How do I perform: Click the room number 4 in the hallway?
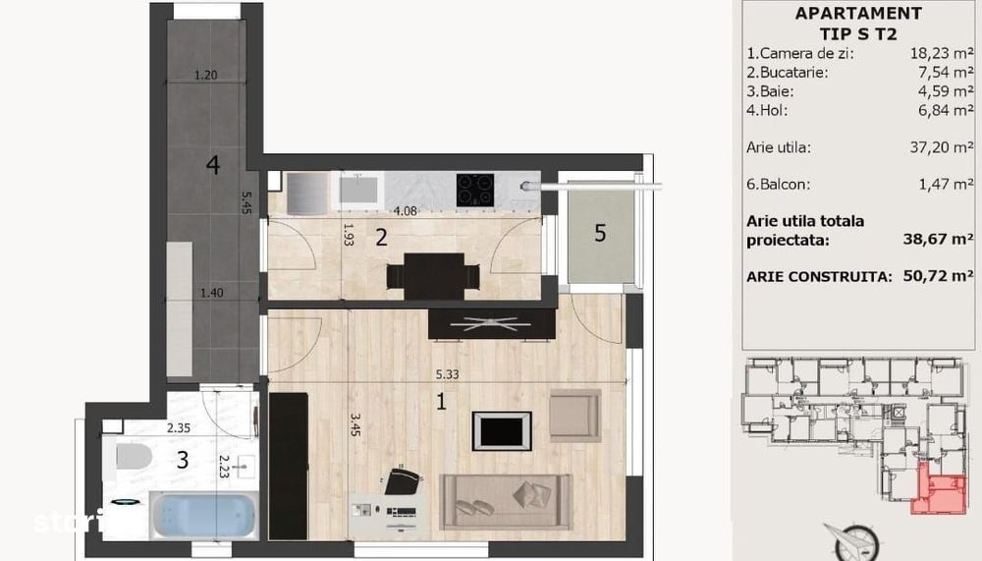[x=212, y=165]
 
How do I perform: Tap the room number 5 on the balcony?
[x=600, y=233]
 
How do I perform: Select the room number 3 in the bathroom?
[x=183, y=458]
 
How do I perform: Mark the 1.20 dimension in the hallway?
[x=204, y=75]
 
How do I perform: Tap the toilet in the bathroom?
[x=132, y=457]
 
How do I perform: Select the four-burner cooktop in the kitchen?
[x=475, y=190]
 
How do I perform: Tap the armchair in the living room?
[x=574, y=416]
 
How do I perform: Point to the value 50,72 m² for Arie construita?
[x=938, y=276]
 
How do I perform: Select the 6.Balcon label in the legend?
[x=783, y=184]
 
